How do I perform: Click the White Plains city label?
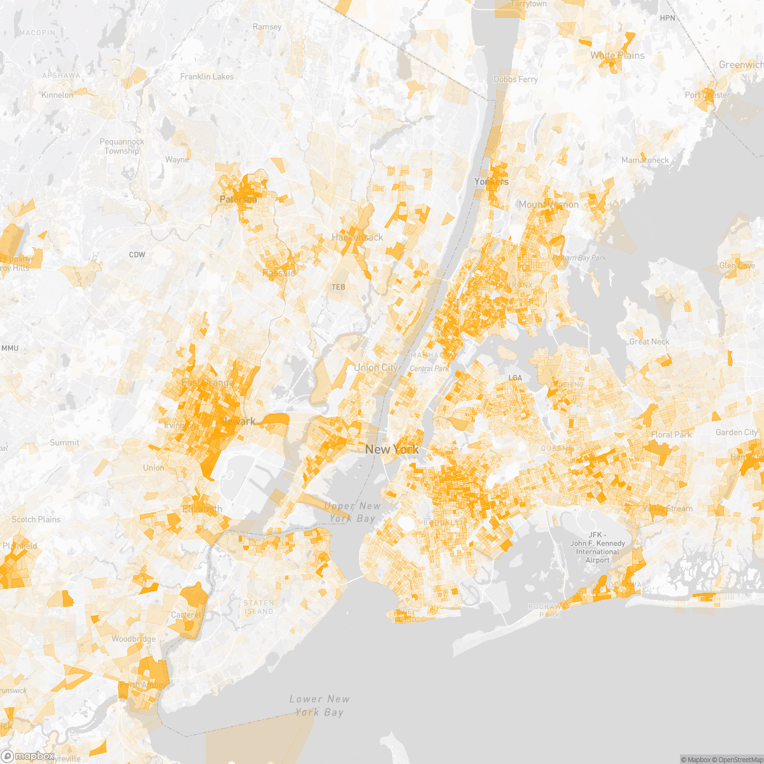click(x=617, y=55)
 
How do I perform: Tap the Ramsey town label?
click(x=267, y=27)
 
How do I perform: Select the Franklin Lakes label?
click(x=207, y=76)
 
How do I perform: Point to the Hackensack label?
click(x=357, y=237)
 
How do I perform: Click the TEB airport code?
click(x=338, y=287)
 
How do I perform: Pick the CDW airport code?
click(x=137, y=255)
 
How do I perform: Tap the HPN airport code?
click(x=667, y=18)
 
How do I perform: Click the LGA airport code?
click(x=515, y=378)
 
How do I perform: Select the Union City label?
click(x=376, y=367)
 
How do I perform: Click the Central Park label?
click(x=429, y=369)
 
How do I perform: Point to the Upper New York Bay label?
click(x=352, y=512)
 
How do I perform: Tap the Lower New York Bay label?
click(x=319, y=705)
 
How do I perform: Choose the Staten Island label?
click(x=258, y=607)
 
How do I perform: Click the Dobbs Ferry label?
click(x=516, y=79)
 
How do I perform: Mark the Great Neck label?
click(x=649, y=341)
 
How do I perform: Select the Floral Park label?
click(x=671, y=434)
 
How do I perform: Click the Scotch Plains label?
click(x=36, y=519)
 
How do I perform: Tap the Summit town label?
click(x=64, y=442)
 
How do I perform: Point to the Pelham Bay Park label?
click(x=579, y=258)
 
